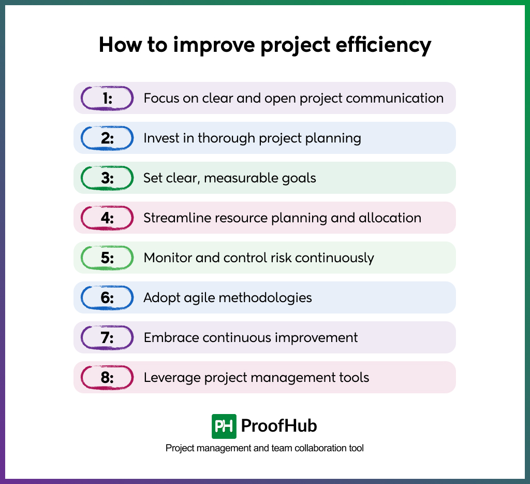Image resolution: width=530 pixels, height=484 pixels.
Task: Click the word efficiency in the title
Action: (x=384, y=45)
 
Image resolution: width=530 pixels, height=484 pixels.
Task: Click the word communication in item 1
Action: (x=394, y=98)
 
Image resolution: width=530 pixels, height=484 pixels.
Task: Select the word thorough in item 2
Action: (x=226, y=138)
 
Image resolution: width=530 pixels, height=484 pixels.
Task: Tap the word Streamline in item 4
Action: (x=171, y=218)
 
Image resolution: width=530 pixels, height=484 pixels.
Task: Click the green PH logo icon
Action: (x=224, y=426)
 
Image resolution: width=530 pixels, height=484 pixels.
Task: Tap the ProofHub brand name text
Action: (x=279, y=426)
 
